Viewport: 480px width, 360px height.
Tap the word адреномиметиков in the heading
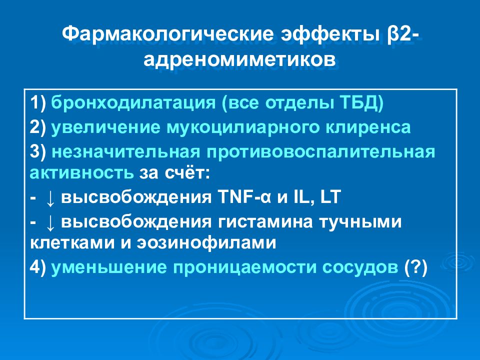pos(239,60)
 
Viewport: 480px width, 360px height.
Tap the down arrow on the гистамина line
pos(50,220)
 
